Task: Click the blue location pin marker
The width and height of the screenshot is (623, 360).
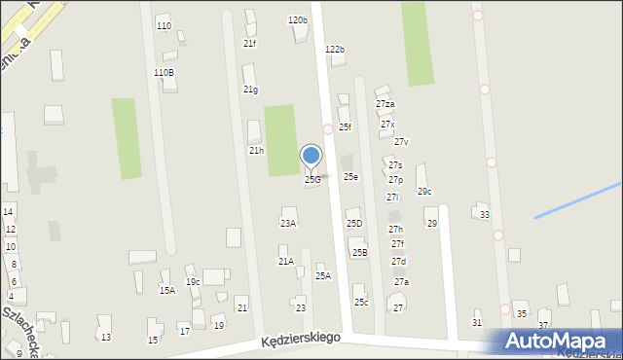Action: click(x=311, y=157)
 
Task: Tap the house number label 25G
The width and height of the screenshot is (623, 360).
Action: click(x=312, y=179)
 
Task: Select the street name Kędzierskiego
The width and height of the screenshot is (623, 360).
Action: click(x=300, y=339)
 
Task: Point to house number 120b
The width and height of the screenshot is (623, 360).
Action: click(x=297, y=19)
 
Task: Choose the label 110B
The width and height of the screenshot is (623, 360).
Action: click(x=165, y=72)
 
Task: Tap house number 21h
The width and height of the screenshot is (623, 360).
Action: click(x=256, y=151)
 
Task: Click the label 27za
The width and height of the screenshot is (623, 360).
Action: click(x=385, y=104)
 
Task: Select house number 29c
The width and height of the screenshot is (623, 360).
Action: click(x=424, y=191)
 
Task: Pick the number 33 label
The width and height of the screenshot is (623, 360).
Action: click(x=485, y=214)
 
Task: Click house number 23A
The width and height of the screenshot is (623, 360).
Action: click(x=288, y=223)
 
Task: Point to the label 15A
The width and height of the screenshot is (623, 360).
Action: click(x=167, y=290)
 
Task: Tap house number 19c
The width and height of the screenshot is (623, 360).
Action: click(x=193, y=282)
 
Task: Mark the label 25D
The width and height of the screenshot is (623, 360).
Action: click(x=354, y=224)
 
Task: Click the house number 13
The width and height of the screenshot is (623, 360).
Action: click(x=105, y=337)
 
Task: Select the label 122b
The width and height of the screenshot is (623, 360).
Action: click(x=335, y=49)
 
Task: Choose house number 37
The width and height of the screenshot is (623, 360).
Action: click(x=543, y=325)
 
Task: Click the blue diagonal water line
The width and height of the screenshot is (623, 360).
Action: click(x=577, y=199)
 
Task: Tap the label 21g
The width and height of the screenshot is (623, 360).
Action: click(x=250, y=90)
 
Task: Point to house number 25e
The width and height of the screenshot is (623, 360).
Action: click(x=350, y=176)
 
